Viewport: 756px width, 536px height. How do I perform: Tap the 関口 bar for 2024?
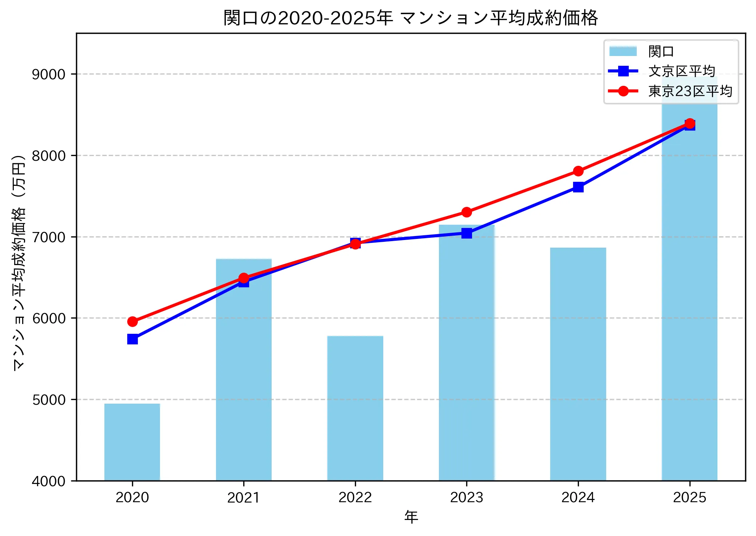[x=578, y=364]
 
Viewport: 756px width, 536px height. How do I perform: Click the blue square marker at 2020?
[x=132, y=339]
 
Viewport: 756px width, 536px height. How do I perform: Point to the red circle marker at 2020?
[x=132, y=321]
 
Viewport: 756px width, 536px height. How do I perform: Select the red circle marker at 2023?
[x=467, y=212]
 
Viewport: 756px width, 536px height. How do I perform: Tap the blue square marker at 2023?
[x=467, y=233]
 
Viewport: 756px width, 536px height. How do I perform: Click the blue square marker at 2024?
[x=578, y=187]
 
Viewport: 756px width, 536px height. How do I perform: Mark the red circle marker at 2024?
[x=578, y=171]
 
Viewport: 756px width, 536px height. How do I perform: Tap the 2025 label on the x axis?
[x=689, y=497]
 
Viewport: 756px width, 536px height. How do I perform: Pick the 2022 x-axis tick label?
[x=355, y=497]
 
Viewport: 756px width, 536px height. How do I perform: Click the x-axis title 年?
[x=411, y=517]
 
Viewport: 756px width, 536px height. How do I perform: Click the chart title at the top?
[x=411, y=18]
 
